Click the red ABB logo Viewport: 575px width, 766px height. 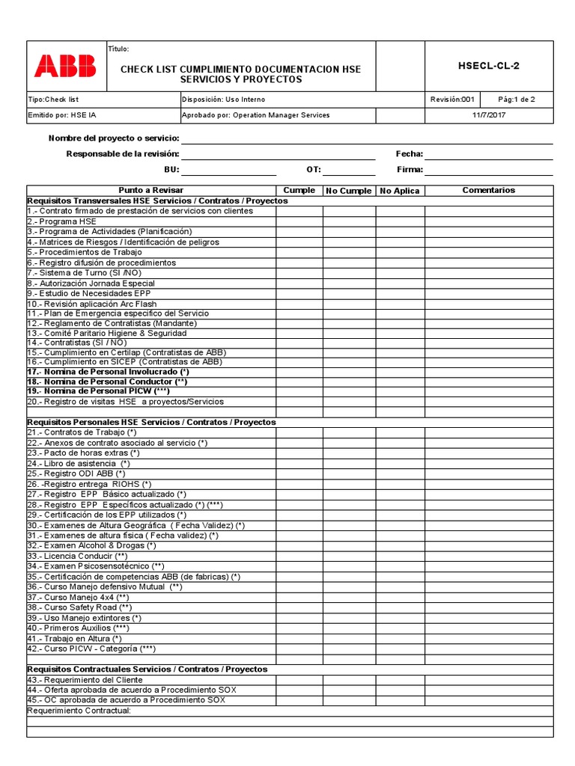coord(65,66)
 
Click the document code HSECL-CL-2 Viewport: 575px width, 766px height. coord(488,66)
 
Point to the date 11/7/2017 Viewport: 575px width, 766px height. coord(488,115)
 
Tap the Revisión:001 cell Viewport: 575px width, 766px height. coord(453,99)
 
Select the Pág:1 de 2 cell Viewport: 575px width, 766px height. coord(517,99)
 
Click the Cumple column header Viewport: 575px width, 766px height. coord(299,191)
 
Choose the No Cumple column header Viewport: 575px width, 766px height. coord(349,191)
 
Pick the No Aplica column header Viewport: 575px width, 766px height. coord(400,191)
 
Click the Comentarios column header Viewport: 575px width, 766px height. coord(489,191)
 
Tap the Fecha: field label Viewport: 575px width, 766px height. coord(410,154)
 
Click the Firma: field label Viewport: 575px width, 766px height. coord(410,170)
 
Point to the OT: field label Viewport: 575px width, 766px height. coord(313,170)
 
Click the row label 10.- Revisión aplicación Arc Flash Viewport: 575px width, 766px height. coord(92,304)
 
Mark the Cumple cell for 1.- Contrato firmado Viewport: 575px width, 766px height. coord(299,211)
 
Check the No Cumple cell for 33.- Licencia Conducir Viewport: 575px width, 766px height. coord(349,557)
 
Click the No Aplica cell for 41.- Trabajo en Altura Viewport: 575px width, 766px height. coord(400,639)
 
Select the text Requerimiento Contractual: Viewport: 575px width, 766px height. coord(79,711)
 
